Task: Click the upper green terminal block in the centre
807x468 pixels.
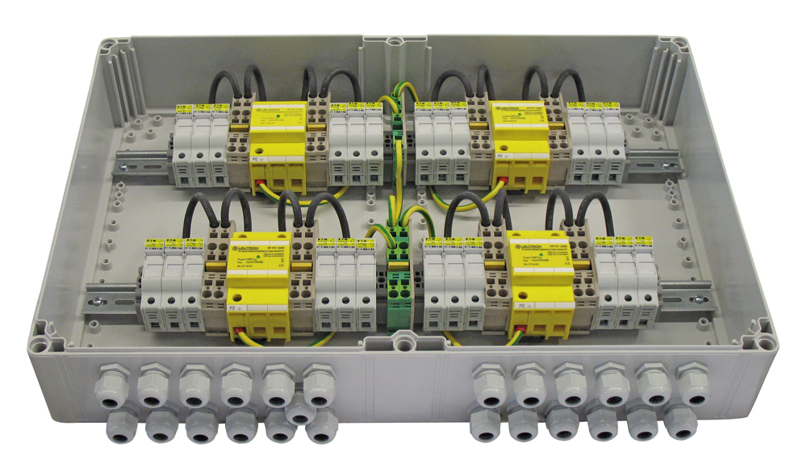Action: pos(397,122)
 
